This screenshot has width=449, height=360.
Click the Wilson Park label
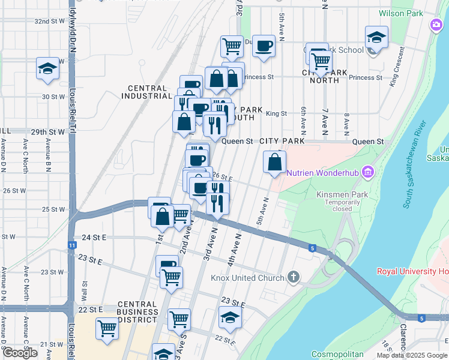coord(400,13)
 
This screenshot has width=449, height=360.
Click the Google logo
coord(20,353)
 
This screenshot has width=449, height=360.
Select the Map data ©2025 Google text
coord(412,355)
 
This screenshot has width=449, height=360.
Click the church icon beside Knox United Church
coord(293,277)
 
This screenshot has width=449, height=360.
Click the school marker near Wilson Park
coord(376,37)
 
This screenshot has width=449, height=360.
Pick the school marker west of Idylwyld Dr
coord(46,68)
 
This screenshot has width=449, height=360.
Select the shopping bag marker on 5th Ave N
coord(274,162)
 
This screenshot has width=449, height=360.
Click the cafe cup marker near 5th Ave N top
coord(264,46)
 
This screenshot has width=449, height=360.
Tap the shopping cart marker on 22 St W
coord(107,328)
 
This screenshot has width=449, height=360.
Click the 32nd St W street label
coord(49,21)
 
